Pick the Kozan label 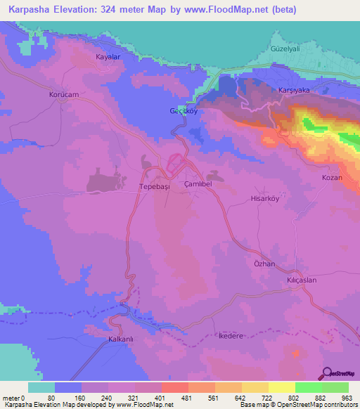coord(332,178)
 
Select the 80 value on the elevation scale coord(56,397)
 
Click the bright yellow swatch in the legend coord(281,387)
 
